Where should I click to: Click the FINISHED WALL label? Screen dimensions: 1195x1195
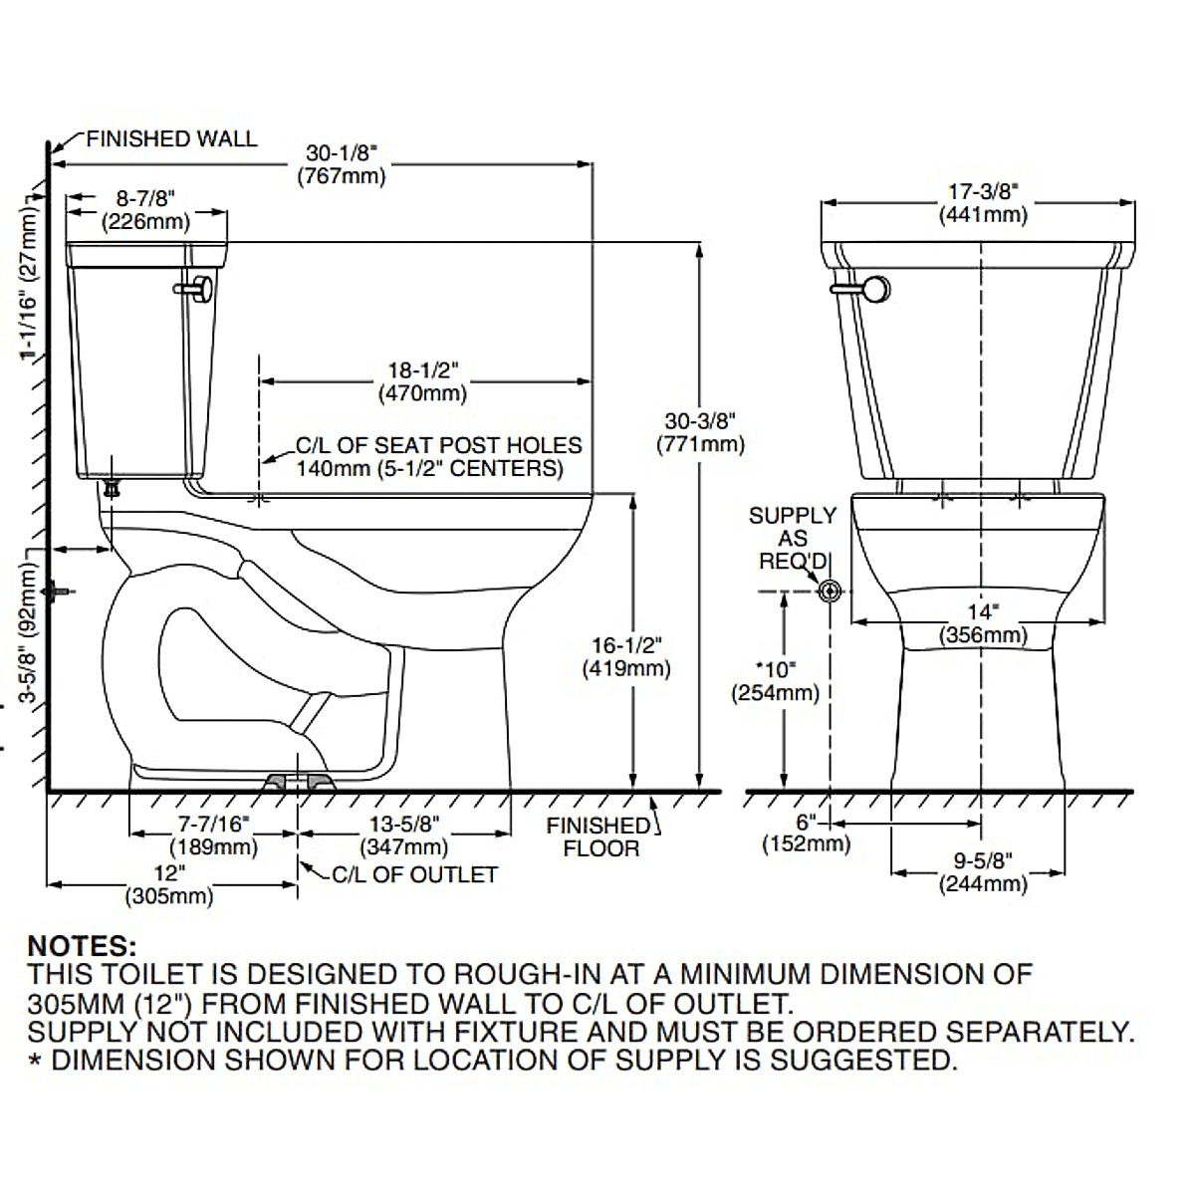pos(171,138)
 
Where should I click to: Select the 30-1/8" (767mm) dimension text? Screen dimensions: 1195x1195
pos(342,164)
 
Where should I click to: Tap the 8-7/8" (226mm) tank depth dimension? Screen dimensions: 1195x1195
pos(145,209)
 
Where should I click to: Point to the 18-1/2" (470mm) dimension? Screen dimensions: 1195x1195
pos(422,381)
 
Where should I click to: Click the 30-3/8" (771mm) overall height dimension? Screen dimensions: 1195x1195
pos(700,432)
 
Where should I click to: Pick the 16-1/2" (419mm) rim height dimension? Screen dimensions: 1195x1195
pos(626,656)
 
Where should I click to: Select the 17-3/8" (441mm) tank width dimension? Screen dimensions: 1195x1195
pos(983,203)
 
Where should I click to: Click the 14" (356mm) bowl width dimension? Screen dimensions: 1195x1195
pos(983,623)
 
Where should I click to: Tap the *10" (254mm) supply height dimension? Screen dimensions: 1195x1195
pos(775,681)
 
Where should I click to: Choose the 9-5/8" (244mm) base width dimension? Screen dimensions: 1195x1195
pos(983,872)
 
